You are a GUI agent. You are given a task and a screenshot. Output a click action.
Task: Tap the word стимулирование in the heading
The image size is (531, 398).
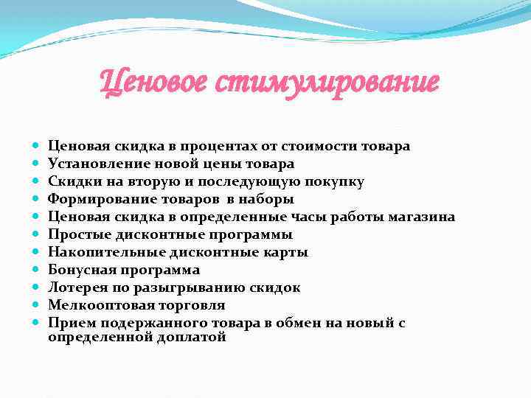(x=329, y=82)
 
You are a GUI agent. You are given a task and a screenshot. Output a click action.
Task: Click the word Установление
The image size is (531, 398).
(x=93, y=164)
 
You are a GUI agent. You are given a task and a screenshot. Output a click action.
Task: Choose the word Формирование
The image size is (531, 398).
(x=95, y=199)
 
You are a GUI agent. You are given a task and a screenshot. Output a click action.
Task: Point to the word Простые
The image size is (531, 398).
(x=77, y=234)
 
